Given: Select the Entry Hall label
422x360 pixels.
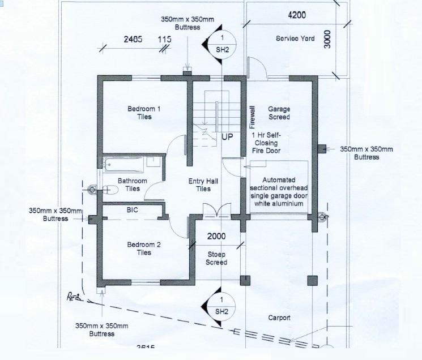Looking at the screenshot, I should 203,185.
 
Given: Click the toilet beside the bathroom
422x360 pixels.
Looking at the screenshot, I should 107,190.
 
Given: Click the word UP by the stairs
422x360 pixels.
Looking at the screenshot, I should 227,137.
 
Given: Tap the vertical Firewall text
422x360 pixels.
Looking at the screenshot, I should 253,118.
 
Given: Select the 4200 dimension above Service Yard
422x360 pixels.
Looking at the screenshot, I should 297,15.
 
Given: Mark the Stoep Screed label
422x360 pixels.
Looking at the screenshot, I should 216,258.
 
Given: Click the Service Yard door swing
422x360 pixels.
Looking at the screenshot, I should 258,66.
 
